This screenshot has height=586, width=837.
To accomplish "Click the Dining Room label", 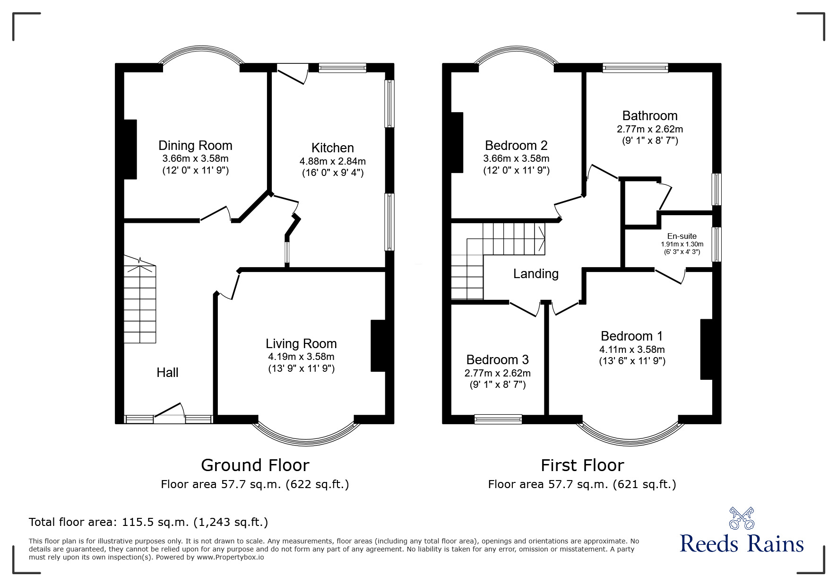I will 195,145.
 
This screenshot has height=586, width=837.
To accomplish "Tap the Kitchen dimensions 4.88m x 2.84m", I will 332,161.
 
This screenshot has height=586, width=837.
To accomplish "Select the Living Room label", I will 301,344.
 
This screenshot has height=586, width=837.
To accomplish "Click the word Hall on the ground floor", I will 167,373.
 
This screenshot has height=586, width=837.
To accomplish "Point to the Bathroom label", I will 649,116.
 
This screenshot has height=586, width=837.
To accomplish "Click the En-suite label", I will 682,236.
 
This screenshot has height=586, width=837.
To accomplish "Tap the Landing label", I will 536,274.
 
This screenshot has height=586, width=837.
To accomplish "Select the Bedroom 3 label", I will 497,360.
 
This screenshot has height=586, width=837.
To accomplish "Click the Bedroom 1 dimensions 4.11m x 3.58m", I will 632,350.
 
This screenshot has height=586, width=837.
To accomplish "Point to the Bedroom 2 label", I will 516,145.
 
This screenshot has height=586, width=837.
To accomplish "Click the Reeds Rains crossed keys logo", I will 742,518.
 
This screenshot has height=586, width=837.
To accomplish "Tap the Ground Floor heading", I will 255,465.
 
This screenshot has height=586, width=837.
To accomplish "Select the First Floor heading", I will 582,465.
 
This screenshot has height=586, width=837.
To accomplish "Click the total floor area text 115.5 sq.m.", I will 148,522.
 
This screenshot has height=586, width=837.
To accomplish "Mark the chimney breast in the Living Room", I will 378,346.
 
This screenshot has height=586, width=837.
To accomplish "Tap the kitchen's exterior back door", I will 291,75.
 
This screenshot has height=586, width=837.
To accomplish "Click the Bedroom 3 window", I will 498,419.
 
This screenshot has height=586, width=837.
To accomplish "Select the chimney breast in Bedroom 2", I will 457,142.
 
